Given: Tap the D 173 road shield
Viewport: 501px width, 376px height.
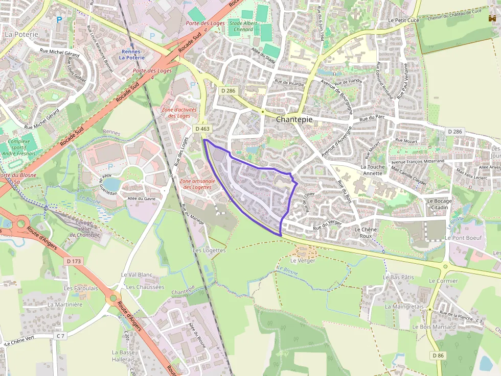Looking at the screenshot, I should coord(74,261).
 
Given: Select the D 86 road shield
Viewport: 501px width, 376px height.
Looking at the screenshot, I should coord(438,355).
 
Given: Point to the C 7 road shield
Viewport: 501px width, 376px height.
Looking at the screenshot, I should coord(61,336).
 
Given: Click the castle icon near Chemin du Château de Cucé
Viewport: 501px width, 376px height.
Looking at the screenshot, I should coord(492,18).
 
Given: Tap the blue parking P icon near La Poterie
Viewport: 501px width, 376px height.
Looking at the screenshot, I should coord(59,20).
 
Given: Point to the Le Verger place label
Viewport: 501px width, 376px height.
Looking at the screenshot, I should coord(303,260).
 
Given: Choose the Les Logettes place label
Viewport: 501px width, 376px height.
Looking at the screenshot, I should coord(209,250).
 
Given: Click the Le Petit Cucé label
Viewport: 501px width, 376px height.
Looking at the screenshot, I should coord(403,20).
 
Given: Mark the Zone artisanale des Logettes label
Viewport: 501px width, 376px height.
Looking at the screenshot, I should coord(197,184).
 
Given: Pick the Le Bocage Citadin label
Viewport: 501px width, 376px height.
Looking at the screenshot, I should coord(439,204).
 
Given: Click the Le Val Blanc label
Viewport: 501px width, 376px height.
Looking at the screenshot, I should coord(136,274).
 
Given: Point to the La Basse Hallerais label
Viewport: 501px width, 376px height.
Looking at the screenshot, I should coord(123,356).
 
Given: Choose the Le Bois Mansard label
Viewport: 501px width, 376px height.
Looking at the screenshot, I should coord(434,327).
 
